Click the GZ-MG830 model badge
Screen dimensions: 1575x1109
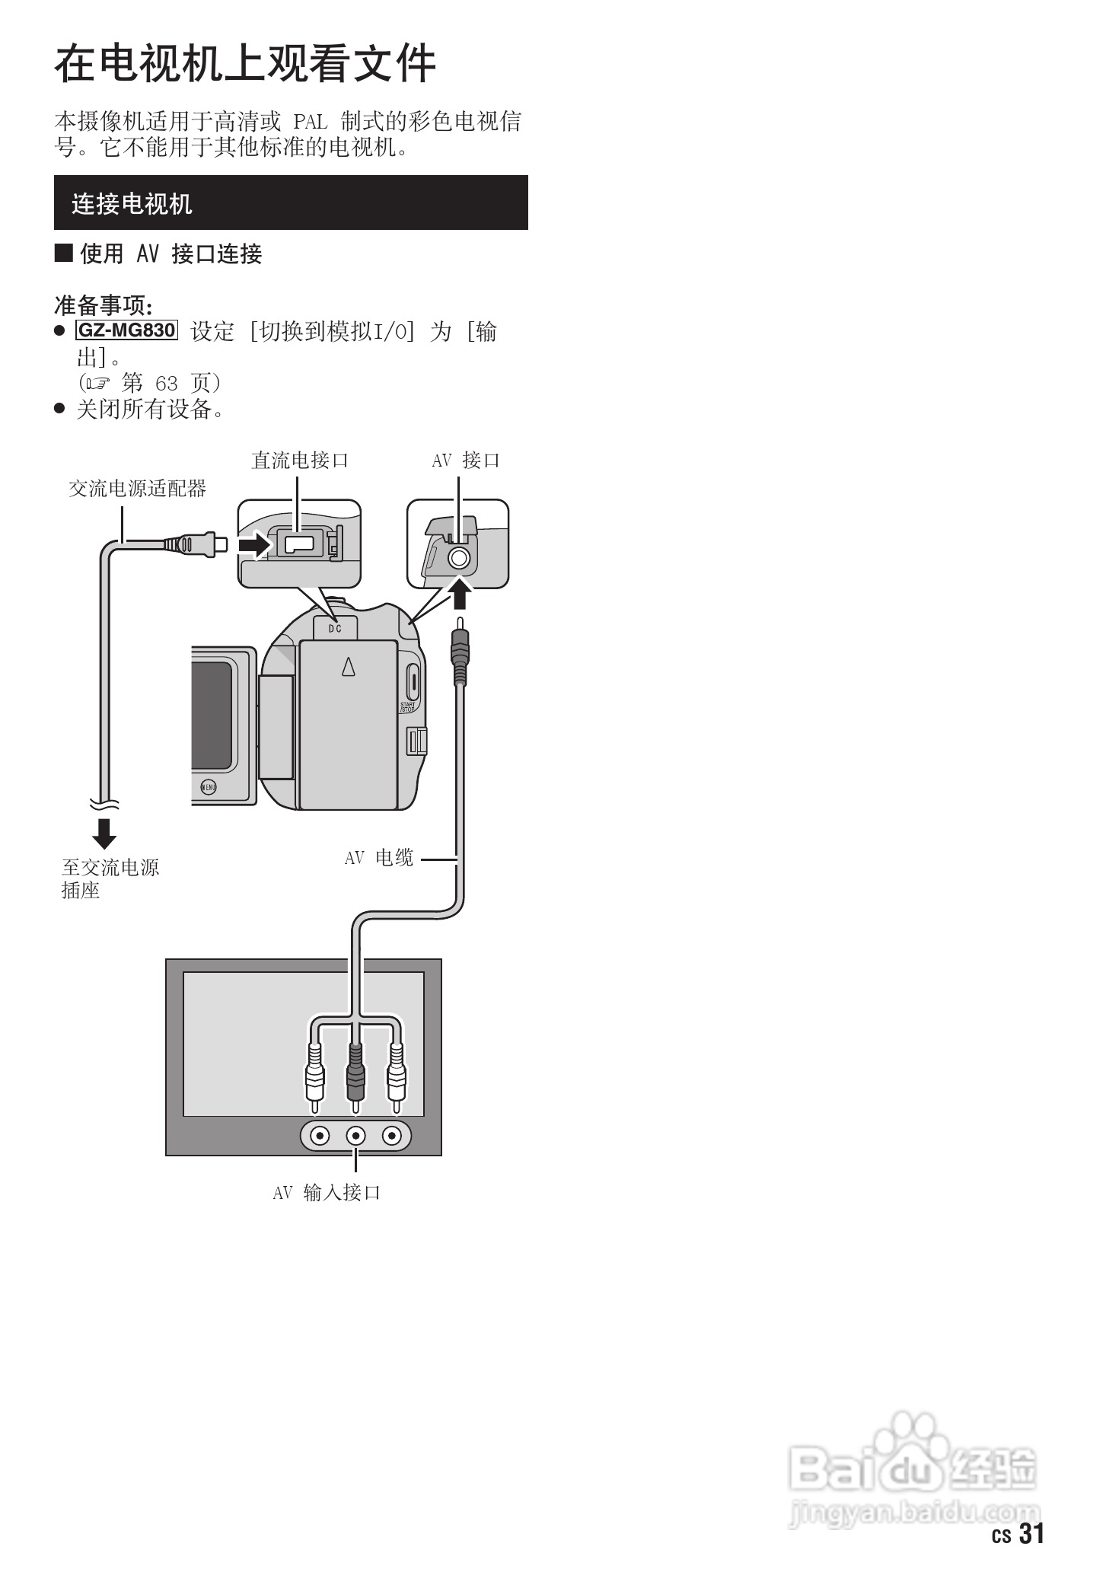pos(126,330)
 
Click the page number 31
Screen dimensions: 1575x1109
pos(1031,1533)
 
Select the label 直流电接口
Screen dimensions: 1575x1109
pos(300,461)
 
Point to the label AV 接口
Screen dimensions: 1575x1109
pos(466,461)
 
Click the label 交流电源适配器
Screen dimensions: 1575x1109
pos(138,489)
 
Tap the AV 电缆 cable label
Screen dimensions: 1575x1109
pos(379,858)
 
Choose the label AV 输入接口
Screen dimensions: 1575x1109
pos(327,1192)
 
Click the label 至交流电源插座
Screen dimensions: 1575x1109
pos(110,878)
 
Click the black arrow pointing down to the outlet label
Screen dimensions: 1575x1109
pos(104,833)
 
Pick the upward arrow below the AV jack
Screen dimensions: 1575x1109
pos(459,594)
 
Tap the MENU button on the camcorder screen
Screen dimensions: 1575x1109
pos(208,787)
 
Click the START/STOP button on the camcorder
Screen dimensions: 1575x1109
pos(412,682)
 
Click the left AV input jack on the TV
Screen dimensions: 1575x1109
pos(320,1137)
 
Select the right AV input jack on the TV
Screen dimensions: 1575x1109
pos(391,1137)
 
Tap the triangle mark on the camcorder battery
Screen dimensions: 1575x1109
pos(349,666)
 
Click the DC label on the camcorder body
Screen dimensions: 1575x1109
pos(335,629)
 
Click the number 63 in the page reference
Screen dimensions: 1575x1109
pos(166,383)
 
